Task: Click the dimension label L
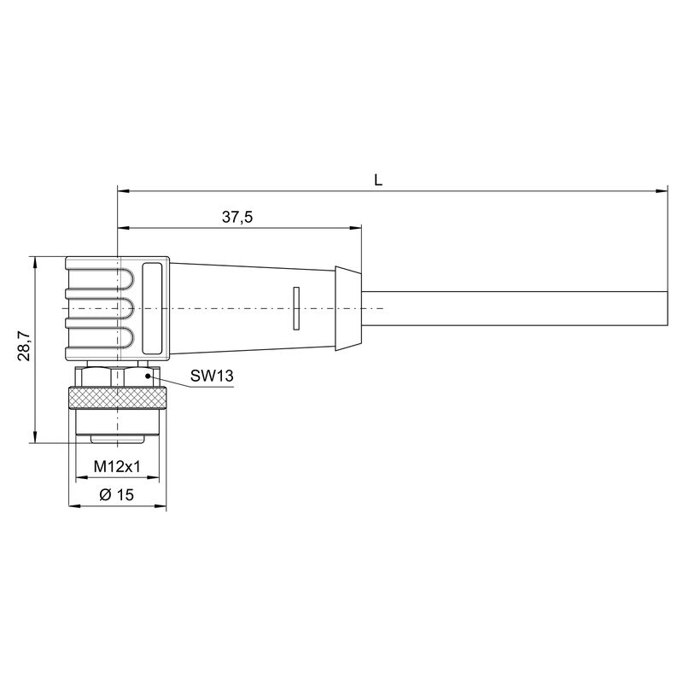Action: click(x=377, y=179)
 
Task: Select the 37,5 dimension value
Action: click(x=237, y=217)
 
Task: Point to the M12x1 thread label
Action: click(x=117, y=467)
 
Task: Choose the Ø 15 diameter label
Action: click(x=117, y=494)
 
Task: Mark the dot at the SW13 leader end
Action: click(x=149, y=374)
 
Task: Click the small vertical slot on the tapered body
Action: click(x=296, y=307)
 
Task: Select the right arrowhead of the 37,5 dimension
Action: click(x=356, y=228)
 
